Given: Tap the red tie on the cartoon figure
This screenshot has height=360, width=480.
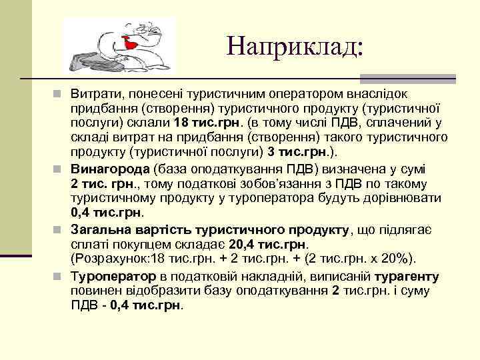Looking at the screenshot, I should click(x=132, y=44).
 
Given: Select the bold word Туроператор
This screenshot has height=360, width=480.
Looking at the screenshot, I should click(x=113, y=276).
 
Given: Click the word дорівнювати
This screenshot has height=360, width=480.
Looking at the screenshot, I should click(x=404, y=198).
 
